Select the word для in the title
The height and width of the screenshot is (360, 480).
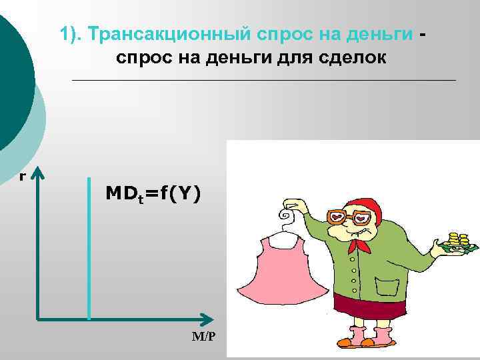pos(294,59)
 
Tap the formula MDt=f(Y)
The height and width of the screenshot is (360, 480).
pos(152,194)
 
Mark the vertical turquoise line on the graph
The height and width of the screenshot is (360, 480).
pos(89,247)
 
